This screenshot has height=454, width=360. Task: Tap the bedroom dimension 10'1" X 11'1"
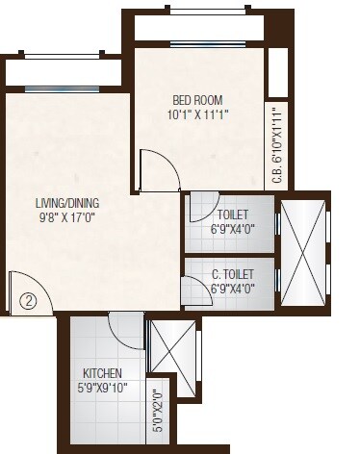pos(201,115)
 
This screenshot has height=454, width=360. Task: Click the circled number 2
pos(29,300)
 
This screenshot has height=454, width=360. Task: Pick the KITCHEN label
pos(101,372)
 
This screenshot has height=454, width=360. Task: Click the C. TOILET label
pos(231,272)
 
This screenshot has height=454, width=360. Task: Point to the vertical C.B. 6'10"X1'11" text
pos(276,145)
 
